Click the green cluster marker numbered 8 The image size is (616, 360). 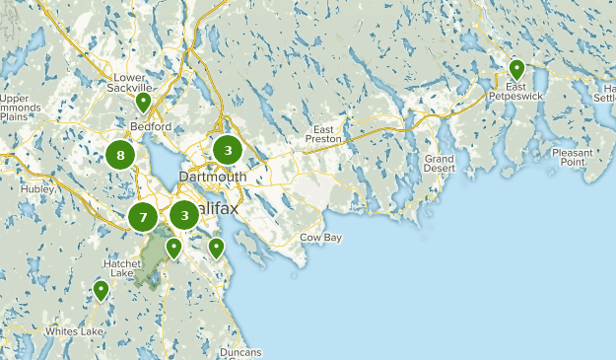tap(120, 154)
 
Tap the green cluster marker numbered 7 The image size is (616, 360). tap(143, 217)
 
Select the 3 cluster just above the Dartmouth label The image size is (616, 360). tap(228, 150)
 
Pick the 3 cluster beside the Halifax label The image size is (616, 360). tap(184, 215)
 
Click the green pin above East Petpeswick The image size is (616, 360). tap(516, 69)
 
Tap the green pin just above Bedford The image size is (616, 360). tap(143, 101)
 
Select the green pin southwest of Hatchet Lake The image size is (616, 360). tap(101, 290)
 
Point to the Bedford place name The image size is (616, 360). tap(151, 126)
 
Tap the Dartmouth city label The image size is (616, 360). tap(212, 177)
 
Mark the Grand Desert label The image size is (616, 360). tap(440, 164)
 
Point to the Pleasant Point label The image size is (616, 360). tap(573, 158)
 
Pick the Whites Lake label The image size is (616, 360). tap(73, 331)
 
